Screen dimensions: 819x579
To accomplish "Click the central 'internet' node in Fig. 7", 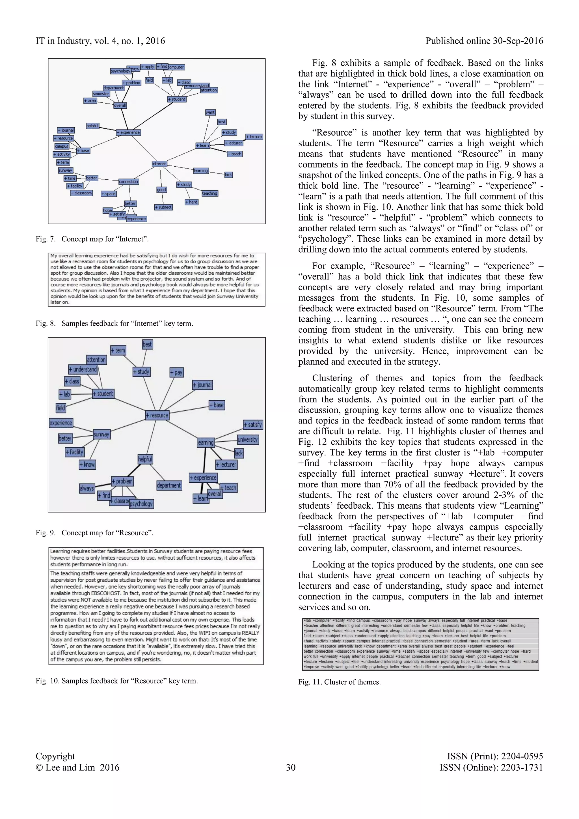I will click(159, 164).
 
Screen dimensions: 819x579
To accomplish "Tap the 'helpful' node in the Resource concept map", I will click(145, 459).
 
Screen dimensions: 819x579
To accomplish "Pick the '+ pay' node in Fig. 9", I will click(176, 372).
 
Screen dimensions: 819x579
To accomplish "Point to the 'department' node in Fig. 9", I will click(169, 485).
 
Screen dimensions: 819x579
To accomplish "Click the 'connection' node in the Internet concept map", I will click(128, 182).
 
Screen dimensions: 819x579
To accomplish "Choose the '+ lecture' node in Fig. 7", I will click(254, 137).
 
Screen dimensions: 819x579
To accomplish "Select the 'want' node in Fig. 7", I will click(210, 112).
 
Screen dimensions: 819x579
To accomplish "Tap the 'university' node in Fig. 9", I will click(248, 439).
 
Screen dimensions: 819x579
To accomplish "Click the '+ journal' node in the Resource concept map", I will click(202, 385).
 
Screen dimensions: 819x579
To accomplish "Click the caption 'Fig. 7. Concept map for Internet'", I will click(92, 239).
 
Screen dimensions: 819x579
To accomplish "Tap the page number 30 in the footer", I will click(291, 767).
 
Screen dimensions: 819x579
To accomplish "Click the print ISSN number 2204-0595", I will click(522, 756).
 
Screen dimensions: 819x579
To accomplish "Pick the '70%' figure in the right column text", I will click(392, 484).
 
